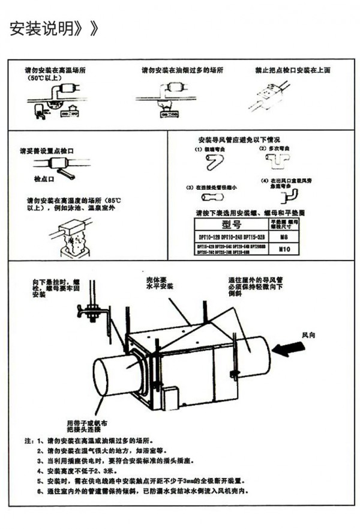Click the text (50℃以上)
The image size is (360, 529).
pos(43,78)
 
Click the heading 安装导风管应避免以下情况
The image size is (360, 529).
pos(239,138)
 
